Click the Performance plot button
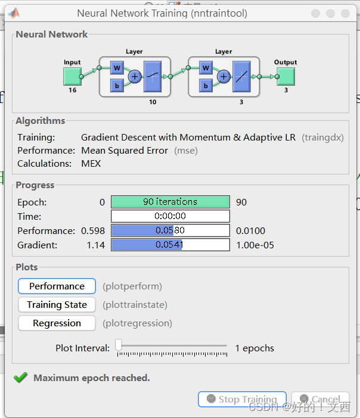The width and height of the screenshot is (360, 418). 57,286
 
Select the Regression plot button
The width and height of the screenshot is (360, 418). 57,323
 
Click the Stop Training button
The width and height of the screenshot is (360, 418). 242,399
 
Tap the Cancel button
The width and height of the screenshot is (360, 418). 320,399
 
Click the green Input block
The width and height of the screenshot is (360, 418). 72,76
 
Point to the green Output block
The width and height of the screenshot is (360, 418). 285,76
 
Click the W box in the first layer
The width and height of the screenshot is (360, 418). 117,68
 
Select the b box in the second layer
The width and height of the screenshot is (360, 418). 206,86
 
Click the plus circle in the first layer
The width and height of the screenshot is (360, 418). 134,76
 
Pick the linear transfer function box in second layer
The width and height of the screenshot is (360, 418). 241,77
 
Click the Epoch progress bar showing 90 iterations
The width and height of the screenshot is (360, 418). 170,202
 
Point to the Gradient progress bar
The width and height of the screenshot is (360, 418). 170,245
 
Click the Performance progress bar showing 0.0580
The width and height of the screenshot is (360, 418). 170,230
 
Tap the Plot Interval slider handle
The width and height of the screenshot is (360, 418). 119,345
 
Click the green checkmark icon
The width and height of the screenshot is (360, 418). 21,378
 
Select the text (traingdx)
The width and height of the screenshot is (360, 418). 323,138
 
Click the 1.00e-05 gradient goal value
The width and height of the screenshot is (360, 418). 255,245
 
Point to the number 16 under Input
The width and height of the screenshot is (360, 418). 72,91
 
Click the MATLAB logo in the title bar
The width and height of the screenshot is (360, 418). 13,13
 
